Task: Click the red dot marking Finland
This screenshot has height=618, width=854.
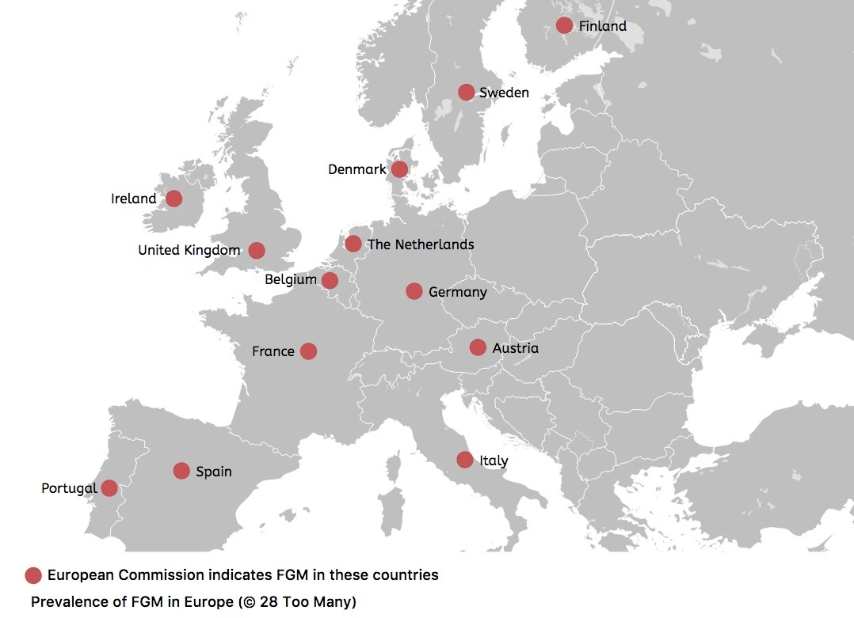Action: (x=564, y=25)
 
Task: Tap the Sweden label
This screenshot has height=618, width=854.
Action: (x=504, y=93)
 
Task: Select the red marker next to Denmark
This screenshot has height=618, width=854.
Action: (x=399, y=169)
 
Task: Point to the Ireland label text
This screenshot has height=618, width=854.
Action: (x=134, y=199)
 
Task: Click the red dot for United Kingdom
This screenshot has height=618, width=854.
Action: (x=257, y=250)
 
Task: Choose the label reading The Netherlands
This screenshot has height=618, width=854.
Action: (x=421, y=245)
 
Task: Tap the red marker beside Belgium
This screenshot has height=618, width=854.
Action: (x=330, y=280)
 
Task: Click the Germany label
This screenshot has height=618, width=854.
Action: (x=457, y=292)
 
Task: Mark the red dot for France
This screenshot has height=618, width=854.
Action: (x=309, y=351)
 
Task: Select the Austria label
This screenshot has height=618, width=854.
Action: (x=515, y=348)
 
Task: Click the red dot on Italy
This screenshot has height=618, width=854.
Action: (x=465, y=459)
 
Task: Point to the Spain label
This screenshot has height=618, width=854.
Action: (x=214, y=472)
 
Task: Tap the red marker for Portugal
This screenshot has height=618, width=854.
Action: (x=110, y=487)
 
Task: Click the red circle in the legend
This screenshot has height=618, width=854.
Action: (x=33, y=575)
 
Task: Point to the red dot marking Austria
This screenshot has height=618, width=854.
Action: (x=478, y=347)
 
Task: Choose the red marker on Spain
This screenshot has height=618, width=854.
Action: (x=181, y=471)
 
